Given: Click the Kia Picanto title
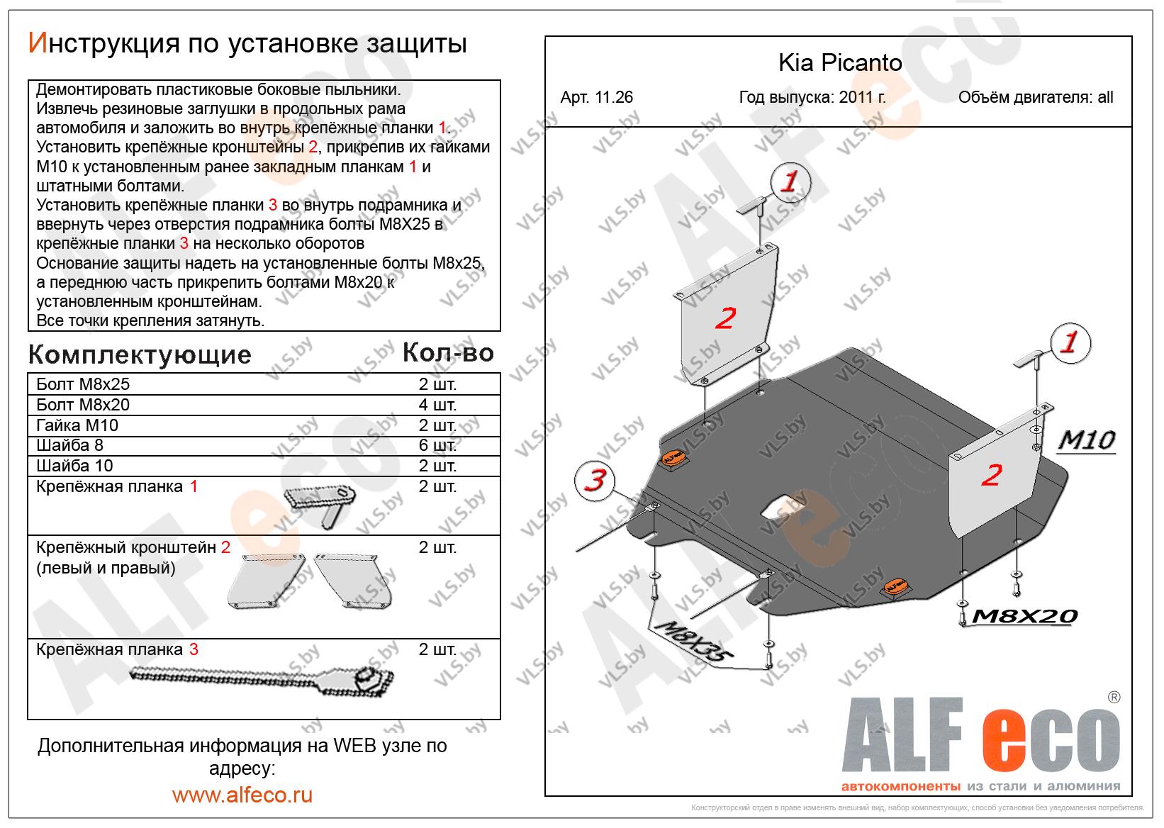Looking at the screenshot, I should point(840,63).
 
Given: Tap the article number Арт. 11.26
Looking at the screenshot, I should point(596,98).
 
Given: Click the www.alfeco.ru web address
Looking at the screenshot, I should point(242,795).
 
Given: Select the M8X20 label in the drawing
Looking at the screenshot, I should point(1024,617).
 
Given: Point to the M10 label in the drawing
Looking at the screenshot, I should point(1086,440).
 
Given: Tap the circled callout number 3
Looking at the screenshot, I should point(596,481).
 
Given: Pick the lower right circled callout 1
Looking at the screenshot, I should point(1069,343).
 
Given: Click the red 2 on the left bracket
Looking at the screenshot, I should point(724,318).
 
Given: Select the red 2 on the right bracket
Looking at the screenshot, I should point(991,474).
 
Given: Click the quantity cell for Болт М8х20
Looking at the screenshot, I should point(437,405).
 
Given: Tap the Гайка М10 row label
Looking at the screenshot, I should point(77,425).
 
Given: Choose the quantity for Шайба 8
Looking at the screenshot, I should point(437,445).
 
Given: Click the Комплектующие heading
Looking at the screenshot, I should point(140,354).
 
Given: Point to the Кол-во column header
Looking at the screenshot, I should point(447,353).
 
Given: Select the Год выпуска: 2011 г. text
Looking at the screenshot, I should point(812,98).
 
